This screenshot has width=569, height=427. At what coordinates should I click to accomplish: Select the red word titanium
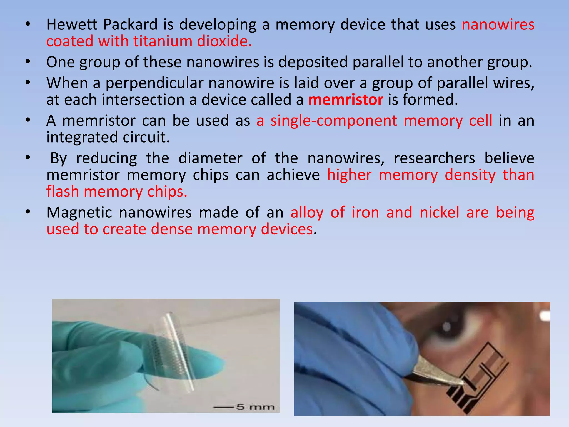pos(163,41)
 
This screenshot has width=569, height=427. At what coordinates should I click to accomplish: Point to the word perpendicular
pos(154,83)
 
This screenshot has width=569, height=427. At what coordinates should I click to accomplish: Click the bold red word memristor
pos(346,100)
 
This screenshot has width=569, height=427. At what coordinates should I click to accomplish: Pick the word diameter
pos(210,158)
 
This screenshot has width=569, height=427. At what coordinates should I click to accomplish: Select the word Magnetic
pos(79,212)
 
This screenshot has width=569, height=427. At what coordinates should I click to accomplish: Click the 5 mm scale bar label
pos(255,407)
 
